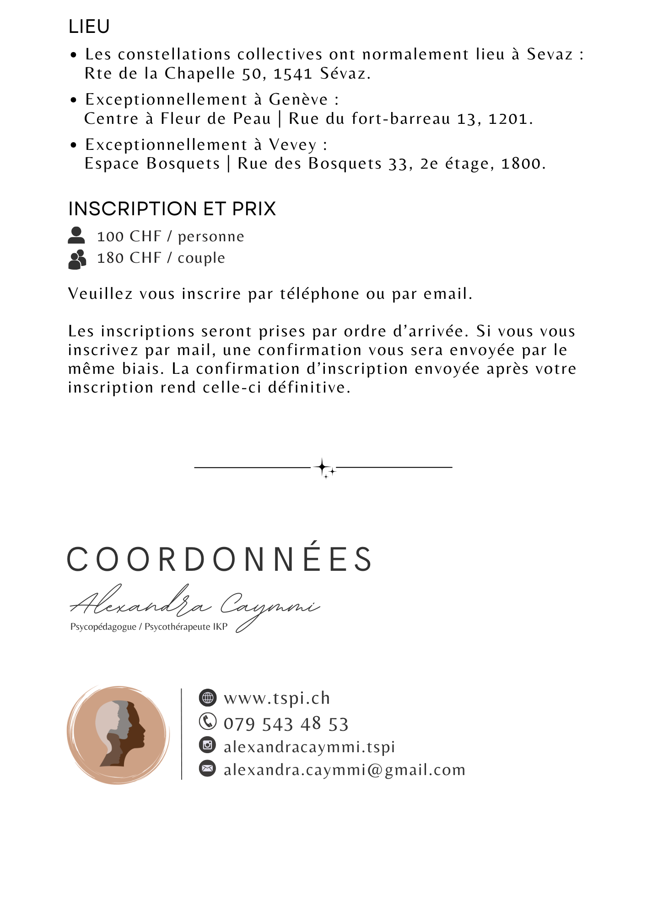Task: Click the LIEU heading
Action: click(x=89, y=27)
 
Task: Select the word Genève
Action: click(x=298, y=100)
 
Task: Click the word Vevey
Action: click(x=292, y=145)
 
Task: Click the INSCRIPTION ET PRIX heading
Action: click(x=172, y=209)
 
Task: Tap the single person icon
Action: click(x=76, y=235)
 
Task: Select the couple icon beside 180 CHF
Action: click(x=77, y=259)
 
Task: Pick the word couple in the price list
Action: click(x=201, y=258)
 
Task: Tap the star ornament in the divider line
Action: click(x=324, y=468)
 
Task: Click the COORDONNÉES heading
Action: click(x=220, y=559)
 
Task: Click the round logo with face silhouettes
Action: click(x=118, y=735)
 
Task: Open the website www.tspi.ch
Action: click(x=277, y=698)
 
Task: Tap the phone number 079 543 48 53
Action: click(x=286, y=724)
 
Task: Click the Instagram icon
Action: click(x=207, y=745)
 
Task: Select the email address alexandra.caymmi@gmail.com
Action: click(x=344, y=770)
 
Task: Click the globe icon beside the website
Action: click(x=207, y=697)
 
